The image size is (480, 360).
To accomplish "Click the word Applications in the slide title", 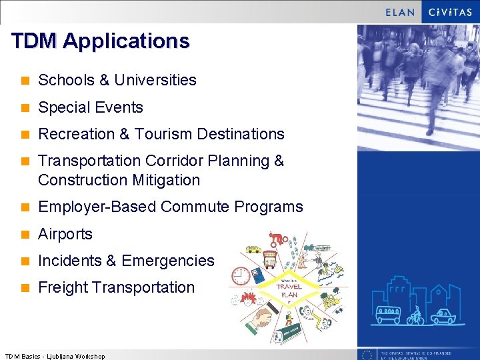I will click(x=127, y=41).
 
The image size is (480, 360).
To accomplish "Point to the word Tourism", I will click(x=165, y=134).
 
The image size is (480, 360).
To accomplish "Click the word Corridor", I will click(x=174, y=161).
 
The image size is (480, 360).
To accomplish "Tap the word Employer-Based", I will click(x=97, y=207).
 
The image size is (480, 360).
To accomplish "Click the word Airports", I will click(x=65, y=234).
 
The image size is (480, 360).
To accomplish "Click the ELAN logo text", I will click(x=400, y=12).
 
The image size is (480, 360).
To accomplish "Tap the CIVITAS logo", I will click(x=450, y=12).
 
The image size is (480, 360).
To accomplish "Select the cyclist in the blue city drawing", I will click(x=415, y=315).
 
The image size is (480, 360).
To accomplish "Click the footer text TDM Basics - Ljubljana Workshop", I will click(x=55, y=356).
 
